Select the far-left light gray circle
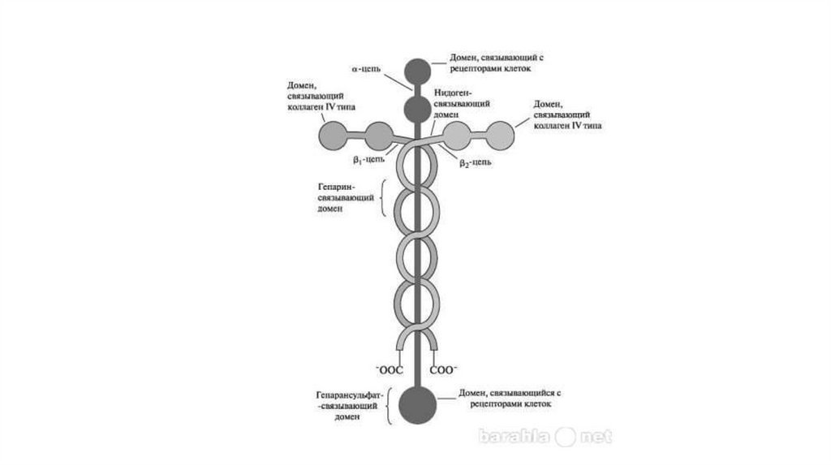point(334,135)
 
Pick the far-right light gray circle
point(501,135)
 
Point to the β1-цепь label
point(366,160)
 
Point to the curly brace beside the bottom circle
point(391,404)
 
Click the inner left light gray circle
point(379,135)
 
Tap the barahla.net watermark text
point(544,437)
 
